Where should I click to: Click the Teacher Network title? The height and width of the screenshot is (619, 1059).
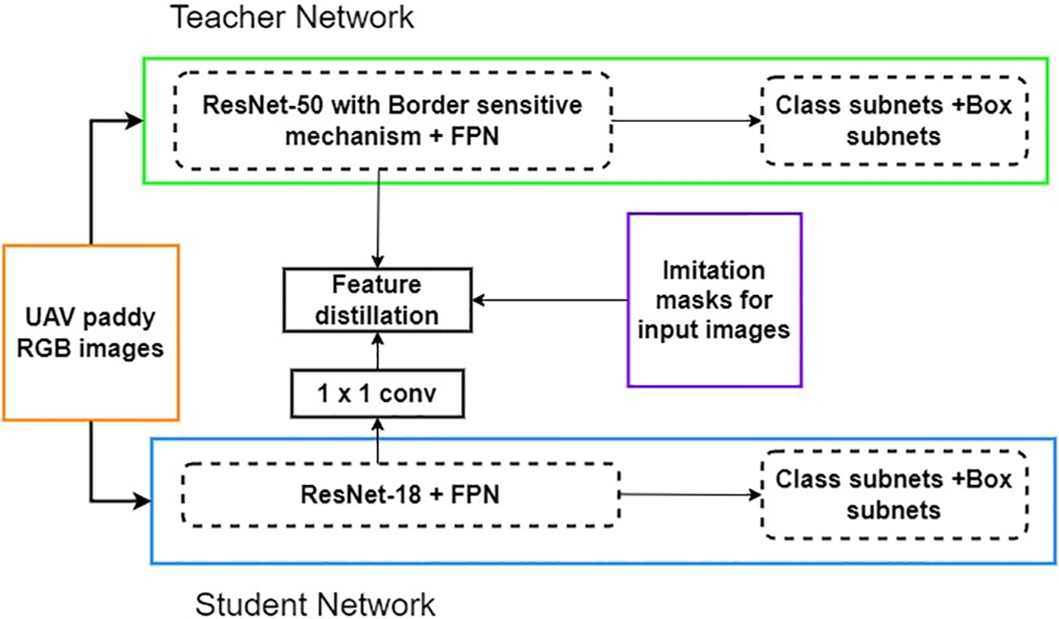pos(293,18)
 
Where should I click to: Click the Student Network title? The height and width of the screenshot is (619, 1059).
pos(315,605)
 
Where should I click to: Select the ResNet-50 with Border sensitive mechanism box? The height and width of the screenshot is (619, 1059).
pos(392,120)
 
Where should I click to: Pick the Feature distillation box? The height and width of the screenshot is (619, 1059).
pos(377,300)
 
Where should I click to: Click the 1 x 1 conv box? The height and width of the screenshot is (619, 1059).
pos(377,393)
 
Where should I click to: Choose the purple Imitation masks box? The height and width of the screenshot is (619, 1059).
pos(714,300)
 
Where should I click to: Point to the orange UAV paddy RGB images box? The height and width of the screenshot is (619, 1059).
pos(91,332)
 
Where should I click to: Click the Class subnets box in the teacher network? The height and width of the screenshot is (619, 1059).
pos(894,120)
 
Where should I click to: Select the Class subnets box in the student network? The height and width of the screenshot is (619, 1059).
pos(894,494)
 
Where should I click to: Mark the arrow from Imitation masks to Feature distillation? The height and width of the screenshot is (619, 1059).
pos(551,299)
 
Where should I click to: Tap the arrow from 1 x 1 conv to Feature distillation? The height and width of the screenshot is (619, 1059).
pos(377,351)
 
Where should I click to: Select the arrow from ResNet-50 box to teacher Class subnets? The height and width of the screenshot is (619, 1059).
pos(686,120)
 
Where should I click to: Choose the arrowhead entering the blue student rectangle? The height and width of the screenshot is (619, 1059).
pos(141,500)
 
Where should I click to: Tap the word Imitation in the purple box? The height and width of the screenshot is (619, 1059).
pos(714,271)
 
